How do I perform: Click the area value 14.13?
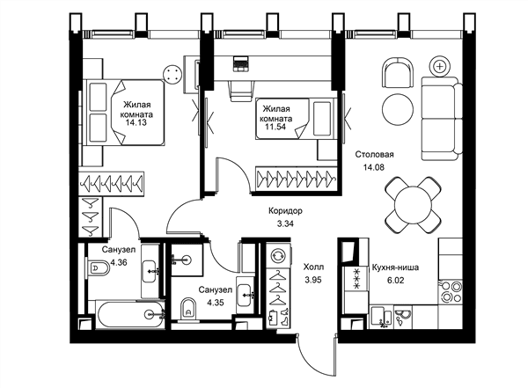[x=136, y=122]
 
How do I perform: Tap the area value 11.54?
[x=275, y=127]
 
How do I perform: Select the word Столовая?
[x=375, y=155]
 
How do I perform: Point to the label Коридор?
[x=285, y=211]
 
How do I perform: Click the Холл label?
[x=314, y=267]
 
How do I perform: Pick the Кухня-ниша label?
[x=395, y=267]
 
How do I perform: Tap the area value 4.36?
[x=119, y=262]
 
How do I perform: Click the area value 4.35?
[x=216, y=303]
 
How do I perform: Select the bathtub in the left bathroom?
[x=130, y=315]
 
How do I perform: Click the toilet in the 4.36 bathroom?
[x=97, y=267]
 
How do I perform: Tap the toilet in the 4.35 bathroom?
[x=188, y=309]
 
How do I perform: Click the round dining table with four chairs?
[x=414, y=205]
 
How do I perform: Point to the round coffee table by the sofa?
[x=398, y=109]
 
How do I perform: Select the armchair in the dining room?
[x=398, y=73]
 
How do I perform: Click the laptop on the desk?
[x=240, y=64]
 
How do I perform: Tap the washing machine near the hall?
[x=278, y=255]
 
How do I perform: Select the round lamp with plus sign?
[x=440, y=66]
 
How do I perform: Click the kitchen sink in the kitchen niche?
[x=381, y=317]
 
